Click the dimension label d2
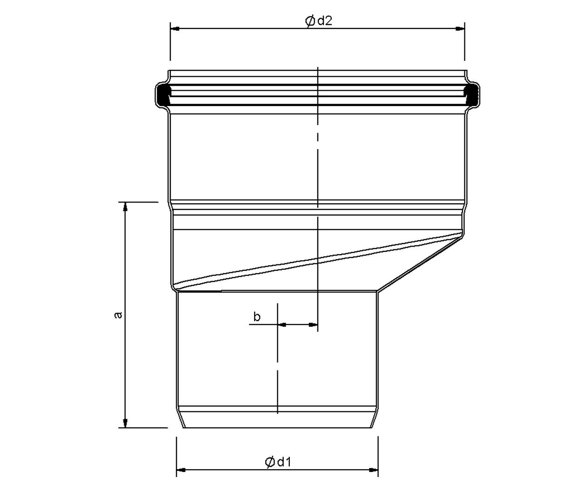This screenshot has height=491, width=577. coord(325,21)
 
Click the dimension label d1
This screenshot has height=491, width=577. coord(284,462)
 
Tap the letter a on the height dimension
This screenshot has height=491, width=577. coord(118,315)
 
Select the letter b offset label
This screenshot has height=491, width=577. coord(257,316)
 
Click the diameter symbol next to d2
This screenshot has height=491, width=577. coord(309,21)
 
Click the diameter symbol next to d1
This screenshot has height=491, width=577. coord(269,462)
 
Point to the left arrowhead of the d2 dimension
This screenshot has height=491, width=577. coord(175,28)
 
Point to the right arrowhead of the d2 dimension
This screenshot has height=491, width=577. coord(460,28)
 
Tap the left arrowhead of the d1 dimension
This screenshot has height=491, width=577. coord(181,470)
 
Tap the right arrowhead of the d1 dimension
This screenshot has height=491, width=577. coord(374,470)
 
